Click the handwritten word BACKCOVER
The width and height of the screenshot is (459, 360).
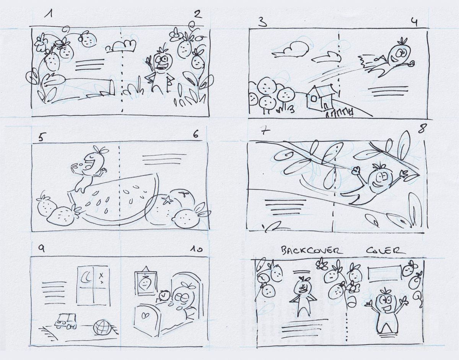coord(311,250)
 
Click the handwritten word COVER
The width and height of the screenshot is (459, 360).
coord(386,251)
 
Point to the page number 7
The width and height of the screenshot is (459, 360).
coord(265,132)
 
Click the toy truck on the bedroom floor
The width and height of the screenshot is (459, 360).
coord(65,321)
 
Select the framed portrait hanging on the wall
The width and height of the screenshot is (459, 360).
coord(145,282)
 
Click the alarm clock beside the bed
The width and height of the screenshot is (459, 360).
coord(163,296)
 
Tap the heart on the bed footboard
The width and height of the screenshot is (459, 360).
coord(145,315)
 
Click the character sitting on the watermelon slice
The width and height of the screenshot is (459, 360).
coord(90,169)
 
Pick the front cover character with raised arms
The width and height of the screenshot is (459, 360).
coord(387,309)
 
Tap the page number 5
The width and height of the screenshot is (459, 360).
coord(41,138)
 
